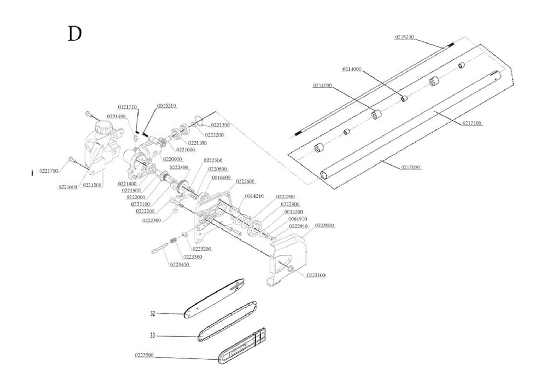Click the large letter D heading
tap(75, 34)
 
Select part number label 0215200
tap(404, 37)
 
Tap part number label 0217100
tap(472, 123)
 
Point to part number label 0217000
tap(410, 167)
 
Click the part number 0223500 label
tap(144, 355)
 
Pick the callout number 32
tap(153, 313)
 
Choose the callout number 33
tap(153, 335)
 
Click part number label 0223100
tap(316, 275)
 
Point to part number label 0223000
tap(324, 226)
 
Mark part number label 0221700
tap(48, 171)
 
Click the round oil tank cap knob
tap(104, 126)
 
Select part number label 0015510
tap(167, 106)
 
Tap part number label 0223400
tap(180, 265)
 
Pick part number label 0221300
tap(220, 125)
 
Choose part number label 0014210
tap(254, 196)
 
